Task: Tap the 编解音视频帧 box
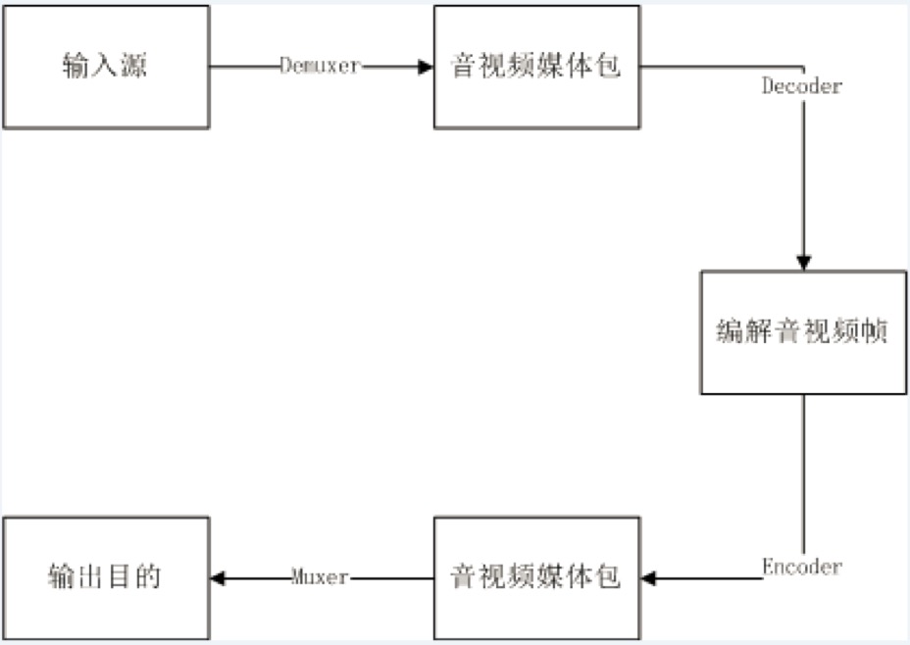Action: (802, 332)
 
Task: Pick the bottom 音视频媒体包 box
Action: (536, 577)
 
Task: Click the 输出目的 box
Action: (106, 577)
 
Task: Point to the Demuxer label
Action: (320, 67)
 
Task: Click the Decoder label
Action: (802, 86)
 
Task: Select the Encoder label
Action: (802, 567)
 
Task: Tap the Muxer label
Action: (320, 577)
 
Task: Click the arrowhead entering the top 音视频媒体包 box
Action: (426, 67)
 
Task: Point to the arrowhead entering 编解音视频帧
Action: (803, 263)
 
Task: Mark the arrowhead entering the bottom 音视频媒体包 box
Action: (649, 577)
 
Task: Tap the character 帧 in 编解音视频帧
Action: (875, 332)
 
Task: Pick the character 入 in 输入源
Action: (106, 68)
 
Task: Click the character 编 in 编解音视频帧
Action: (730, 332)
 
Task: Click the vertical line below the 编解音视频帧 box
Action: (803, 471)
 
